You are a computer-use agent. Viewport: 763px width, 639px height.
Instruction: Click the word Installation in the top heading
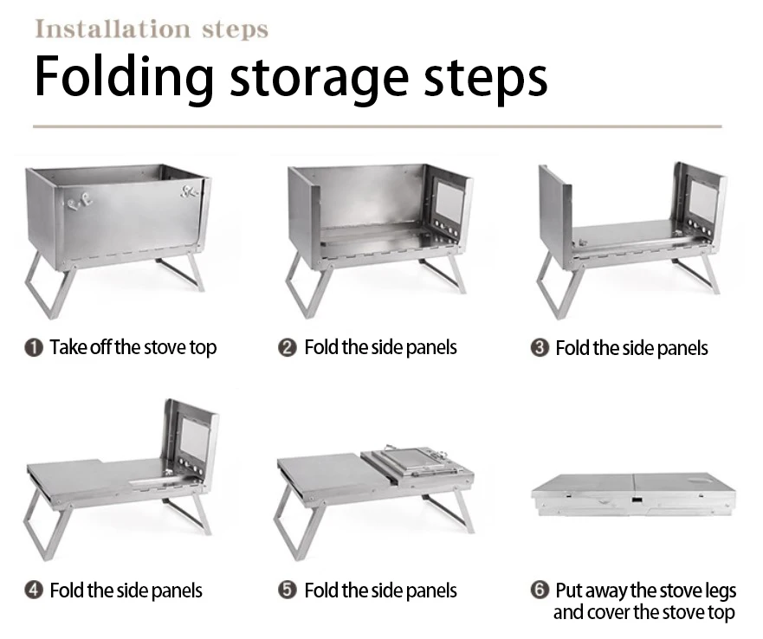click(113, 29)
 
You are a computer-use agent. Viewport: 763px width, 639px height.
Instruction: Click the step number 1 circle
click(34, 348)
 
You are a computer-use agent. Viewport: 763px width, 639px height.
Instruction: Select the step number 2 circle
click(287, 348)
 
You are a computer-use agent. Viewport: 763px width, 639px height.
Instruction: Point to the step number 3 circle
click(540, 348)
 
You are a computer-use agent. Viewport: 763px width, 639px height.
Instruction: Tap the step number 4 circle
click(34, 591)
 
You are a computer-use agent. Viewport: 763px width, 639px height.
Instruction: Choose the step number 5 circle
click(287, 591)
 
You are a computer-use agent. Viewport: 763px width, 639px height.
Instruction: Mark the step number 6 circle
click(540, 590)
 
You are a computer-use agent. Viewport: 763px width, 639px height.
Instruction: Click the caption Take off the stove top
click(133, 348)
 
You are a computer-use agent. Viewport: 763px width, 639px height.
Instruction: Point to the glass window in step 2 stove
click(449, 201)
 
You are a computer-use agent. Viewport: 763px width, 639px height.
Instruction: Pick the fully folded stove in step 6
click(633, 495)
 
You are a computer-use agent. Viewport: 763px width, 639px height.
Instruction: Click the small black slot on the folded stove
click(637, 500)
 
